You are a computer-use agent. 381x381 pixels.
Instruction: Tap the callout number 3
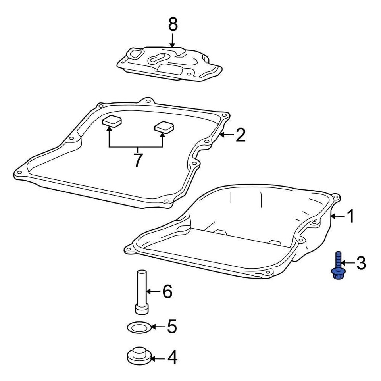360,263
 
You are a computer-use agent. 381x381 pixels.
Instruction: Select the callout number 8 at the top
173,25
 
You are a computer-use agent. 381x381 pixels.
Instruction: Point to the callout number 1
350,216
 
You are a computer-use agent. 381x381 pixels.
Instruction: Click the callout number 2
240,135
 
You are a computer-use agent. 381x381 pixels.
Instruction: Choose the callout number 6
167,292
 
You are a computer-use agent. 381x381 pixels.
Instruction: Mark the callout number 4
172,358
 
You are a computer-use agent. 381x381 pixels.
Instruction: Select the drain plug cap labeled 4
139,355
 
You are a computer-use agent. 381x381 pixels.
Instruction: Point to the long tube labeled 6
141,292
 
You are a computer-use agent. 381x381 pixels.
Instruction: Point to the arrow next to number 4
158,359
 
